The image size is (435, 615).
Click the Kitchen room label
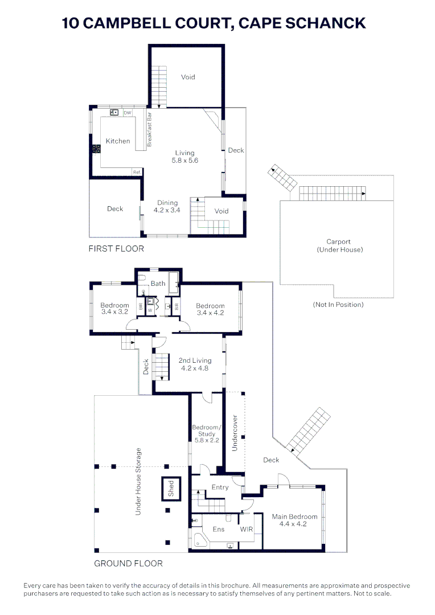click(x=118, y=141)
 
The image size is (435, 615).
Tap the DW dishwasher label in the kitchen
click(x=128, y=113)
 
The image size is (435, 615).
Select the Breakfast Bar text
click(x=149, y=130)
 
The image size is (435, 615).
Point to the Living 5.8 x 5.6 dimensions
click(x=184, y=157)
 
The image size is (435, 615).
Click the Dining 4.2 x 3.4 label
click(x=167, y=206)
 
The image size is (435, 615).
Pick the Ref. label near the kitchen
click(x=137, y=172)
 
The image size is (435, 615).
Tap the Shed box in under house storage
click(x=171, y=489)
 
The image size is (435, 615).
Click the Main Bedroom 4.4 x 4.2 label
click(x=294, y=520)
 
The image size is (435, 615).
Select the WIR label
click(x=247, y=529)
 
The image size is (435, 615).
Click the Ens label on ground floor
click(x=219, y=529)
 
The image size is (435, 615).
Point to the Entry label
click(x=220, y=487)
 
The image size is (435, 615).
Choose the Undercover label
click(x=235, y=433)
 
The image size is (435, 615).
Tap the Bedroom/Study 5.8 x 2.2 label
click(x=206, y=433)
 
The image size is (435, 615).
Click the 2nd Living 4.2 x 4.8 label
click(x=195, y=364)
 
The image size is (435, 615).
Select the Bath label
click(x=158, y=284)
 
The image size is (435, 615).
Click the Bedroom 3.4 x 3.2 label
click(x=114, y=308)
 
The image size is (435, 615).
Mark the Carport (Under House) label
click(x=339, y=245)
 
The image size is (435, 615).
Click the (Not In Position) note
click(x=338, y=304)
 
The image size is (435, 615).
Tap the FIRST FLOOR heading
click(x=116, y=249)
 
